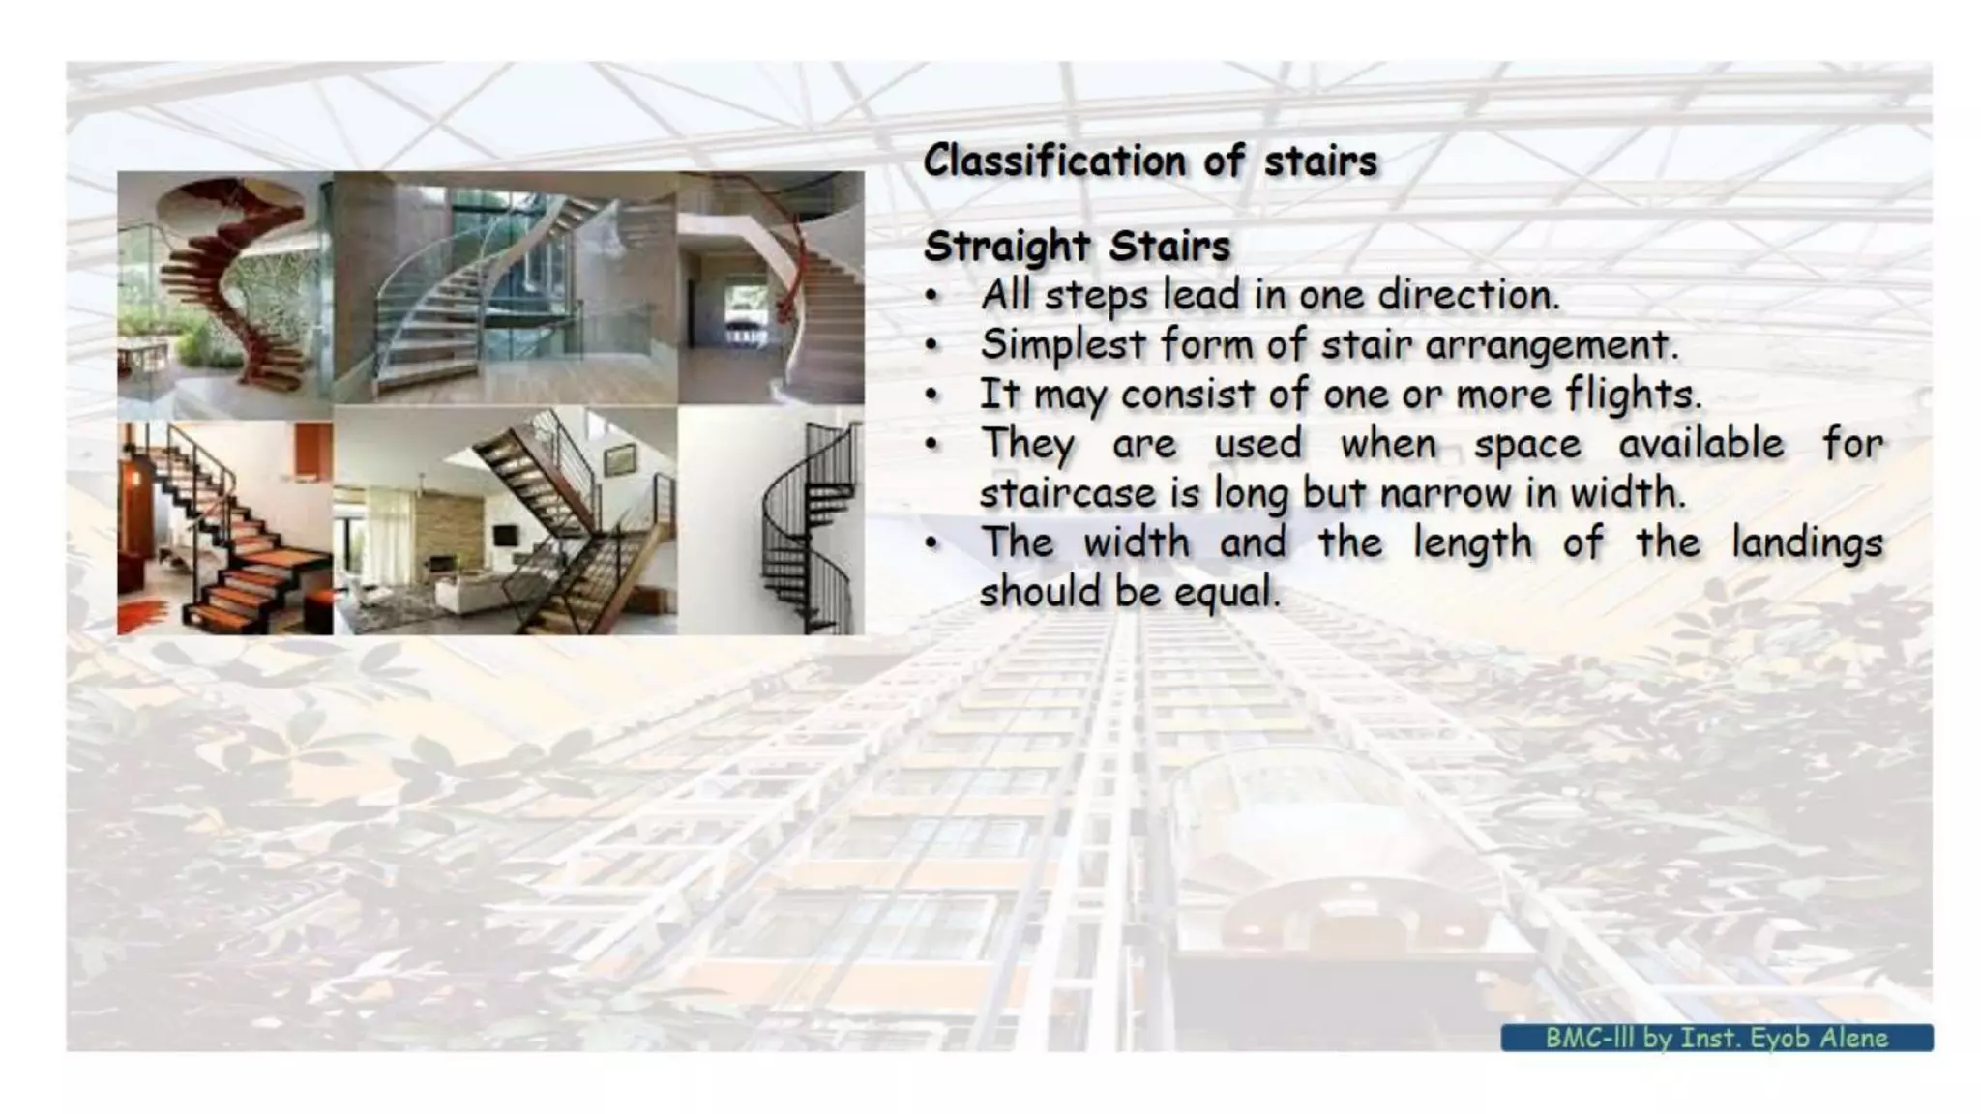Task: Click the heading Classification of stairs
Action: click(x=1149, y=161)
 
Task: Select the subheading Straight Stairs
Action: click(x=1076, y=246)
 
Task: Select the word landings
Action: click(x=1807, y=542)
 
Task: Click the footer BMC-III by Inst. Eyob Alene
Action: click(x=1716, y=1038)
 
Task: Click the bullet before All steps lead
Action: click(x=931, y=296)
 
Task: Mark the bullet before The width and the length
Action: click(x=931, y=543)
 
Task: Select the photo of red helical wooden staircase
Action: click(x=225, y=290)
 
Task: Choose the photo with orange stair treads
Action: click(x=225, y=527)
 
